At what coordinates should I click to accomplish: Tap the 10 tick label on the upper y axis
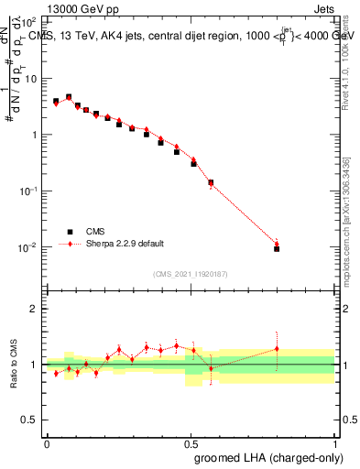click(31, 79)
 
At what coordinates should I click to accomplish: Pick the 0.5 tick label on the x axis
click(191, 442)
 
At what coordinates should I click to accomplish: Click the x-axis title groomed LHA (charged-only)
click(275, 457)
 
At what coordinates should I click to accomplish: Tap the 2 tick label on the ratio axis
click(34, 309)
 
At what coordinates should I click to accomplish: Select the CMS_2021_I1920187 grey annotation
click(190, 273)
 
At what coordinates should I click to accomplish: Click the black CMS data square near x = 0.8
click(277, 248)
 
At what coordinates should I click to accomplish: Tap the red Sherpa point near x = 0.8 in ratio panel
click(277, 348)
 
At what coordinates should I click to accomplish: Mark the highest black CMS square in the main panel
click(69, 97)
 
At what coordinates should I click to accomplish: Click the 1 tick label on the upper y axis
click(34, 136)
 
